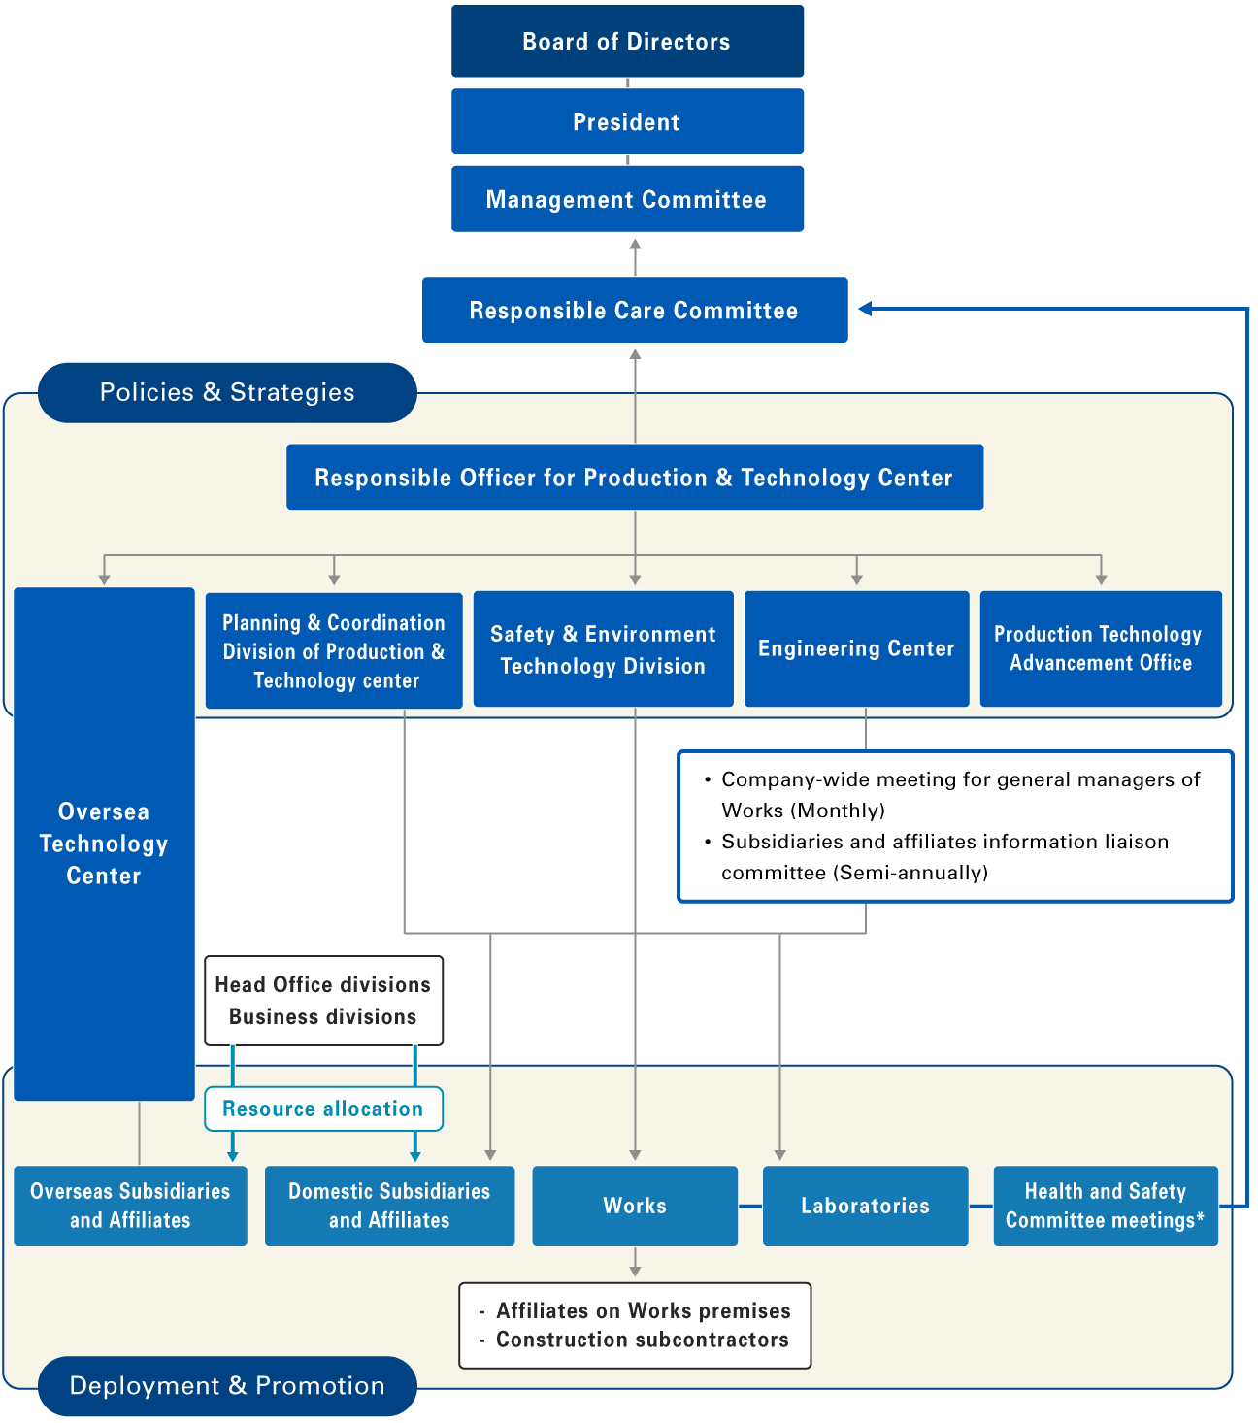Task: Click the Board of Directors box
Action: coord(627,42)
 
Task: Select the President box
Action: coord(627,122)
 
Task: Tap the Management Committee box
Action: coord(627,200)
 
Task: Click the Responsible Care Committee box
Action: coord(634,311)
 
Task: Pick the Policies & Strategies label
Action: coord(227,393)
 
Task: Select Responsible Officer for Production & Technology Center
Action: coord(634,478)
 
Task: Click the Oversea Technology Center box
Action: coord(104,844)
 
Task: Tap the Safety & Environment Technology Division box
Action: coord(603,649)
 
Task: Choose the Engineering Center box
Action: coord(856,649)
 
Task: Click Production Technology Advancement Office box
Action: coord(1100,649)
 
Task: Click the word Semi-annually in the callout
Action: coord(910,873)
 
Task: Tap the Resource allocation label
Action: coord(323,1109)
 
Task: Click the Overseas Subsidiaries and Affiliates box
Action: coord(130,1207)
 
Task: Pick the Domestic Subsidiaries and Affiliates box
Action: coord(389,1207)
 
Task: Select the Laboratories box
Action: coord(865,1207)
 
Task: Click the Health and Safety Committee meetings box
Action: coord(1105,1207)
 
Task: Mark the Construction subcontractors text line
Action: coord(642,1340)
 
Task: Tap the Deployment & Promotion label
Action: coord(227,1386)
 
